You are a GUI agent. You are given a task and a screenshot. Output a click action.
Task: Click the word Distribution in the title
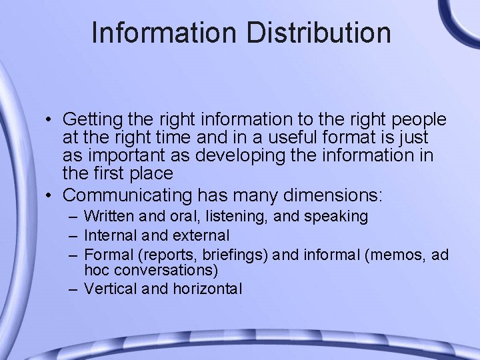pyautogui.click(x=319, y=33)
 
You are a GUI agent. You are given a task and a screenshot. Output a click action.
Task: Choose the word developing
pyautogui.click(x=245, y=156)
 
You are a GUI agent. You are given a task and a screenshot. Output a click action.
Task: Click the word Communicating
pyautogui.click(x=129, y=195)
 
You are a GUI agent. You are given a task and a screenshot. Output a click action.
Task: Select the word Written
pyautogui.click(x=111, y=216)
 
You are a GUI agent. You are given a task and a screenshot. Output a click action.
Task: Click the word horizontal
pyautogui.click(x=207, y=289)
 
